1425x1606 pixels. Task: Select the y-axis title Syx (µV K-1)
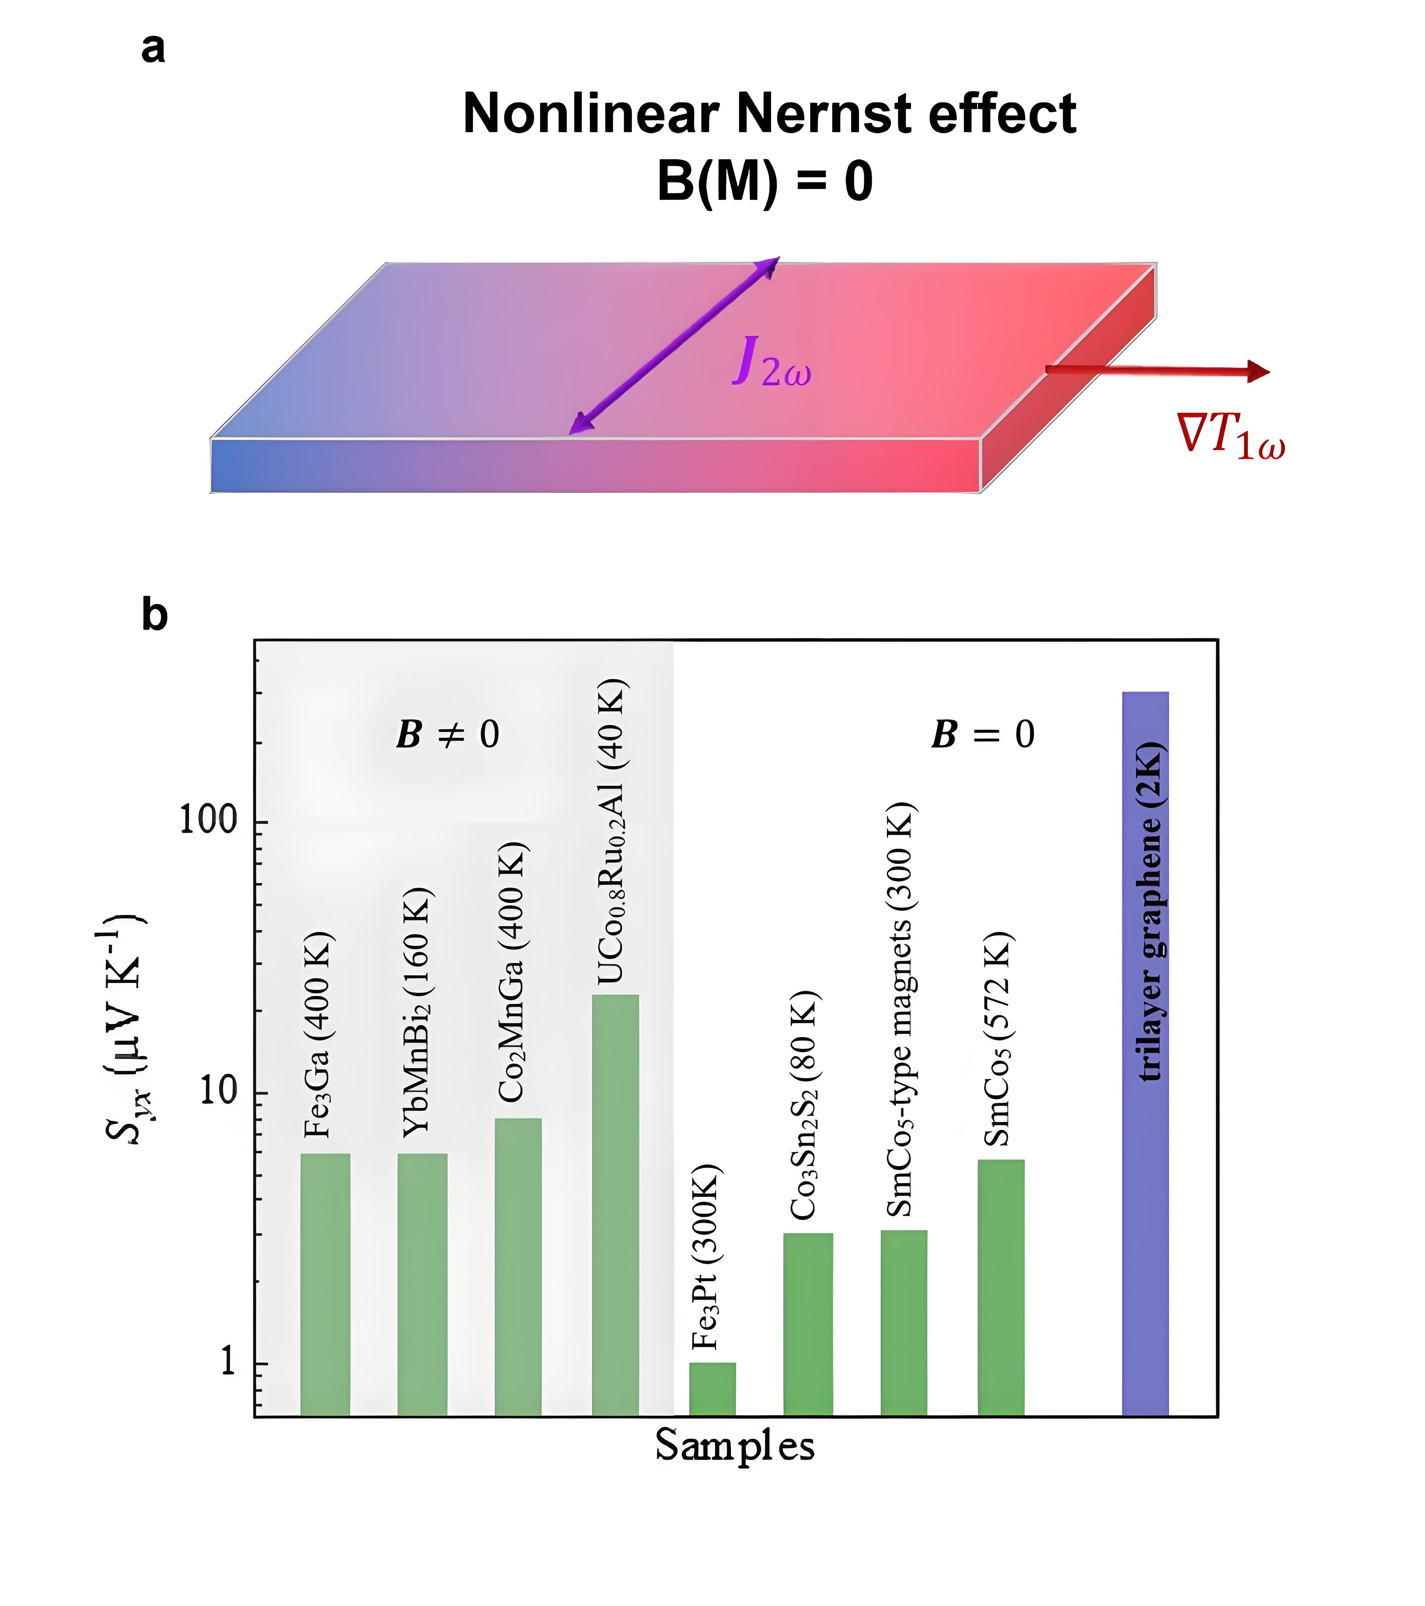[126, 1029]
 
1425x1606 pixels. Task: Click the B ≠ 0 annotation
[448, 735]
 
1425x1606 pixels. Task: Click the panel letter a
[153, 49]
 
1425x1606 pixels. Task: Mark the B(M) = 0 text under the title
[765, 181]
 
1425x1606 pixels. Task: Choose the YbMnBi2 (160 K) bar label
[416, 1013]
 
